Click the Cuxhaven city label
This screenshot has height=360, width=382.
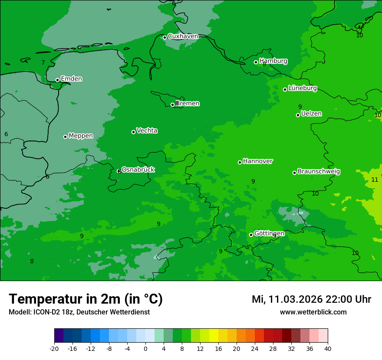tap(183, 36)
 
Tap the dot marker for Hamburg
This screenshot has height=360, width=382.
tap(256, 62)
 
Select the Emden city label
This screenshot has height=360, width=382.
tap(71, 79)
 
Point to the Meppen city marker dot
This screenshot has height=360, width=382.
tap(65, 137)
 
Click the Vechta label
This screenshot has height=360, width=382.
tap(147, 131)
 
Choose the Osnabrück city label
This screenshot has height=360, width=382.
tap(138, 170)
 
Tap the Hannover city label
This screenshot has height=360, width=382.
tap(257, 161)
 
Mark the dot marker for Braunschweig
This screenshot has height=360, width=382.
tap(294, 173)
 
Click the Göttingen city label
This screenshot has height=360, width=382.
tap(269, 233)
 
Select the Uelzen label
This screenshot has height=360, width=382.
tap(311, 114)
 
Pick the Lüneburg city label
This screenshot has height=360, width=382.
tap(302, 88)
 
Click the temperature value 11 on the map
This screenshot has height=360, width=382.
tap(375, 180)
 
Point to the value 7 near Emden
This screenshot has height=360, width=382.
tap(43, 63)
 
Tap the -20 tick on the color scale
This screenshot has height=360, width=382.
tap(54, 348)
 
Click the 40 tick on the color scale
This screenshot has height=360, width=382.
tap(328, 348)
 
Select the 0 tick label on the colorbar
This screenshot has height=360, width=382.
tap(145, 348)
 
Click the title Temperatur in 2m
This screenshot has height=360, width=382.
tap(65, 299)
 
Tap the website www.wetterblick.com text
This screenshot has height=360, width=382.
tap(313, 312)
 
